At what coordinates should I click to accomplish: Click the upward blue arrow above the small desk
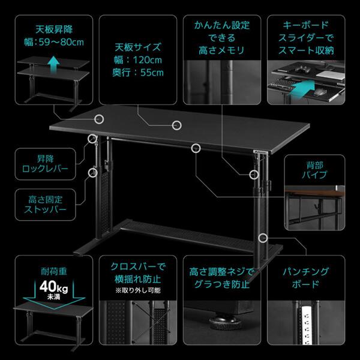point(53,61)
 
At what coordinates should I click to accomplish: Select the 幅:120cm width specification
point(136,60)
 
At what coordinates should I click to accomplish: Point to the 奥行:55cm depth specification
point(136,73)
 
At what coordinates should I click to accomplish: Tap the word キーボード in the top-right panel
point(306,26)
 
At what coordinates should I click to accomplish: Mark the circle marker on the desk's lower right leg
point(262,237)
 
